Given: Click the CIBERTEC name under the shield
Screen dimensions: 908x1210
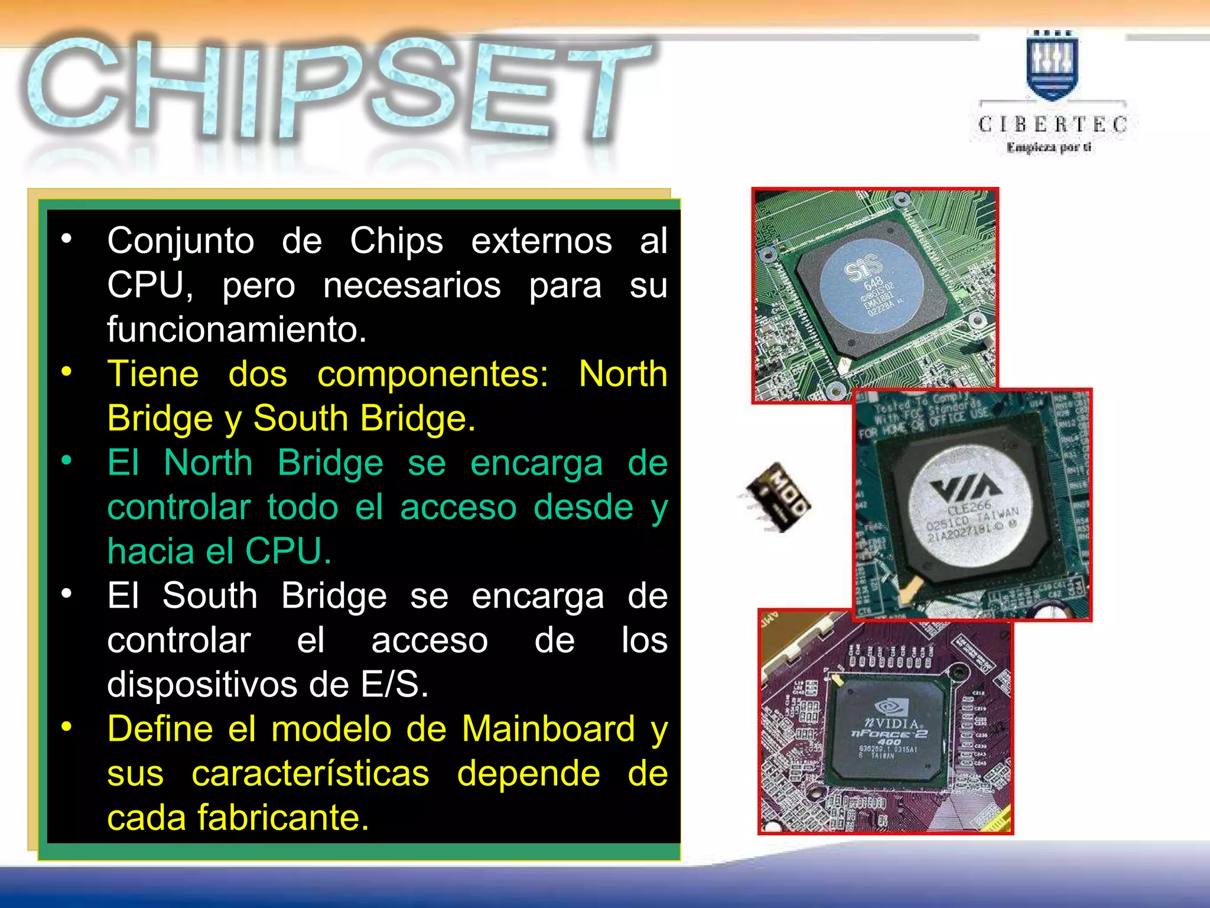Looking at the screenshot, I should coord(1052,124).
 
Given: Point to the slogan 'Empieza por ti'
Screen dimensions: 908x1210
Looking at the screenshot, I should coord(1049,147).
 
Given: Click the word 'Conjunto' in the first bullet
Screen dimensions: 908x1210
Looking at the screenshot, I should coord(181,241).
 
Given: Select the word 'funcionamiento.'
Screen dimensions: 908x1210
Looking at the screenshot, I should coord(237,329).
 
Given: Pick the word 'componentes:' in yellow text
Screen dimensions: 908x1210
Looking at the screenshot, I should coord(433,374).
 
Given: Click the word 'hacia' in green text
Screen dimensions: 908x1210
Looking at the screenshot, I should coord(151,552).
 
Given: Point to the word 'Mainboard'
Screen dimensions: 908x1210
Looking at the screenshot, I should coord(549,729).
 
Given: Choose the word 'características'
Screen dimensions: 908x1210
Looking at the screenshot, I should coord(310,773).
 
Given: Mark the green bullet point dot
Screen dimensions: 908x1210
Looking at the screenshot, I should coord(67,459).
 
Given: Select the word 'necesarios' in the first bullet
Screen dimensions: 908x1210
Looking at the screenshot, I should coord(412,286).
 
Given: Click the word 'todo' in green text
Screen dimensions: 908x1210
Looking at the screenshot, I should coord(302,507).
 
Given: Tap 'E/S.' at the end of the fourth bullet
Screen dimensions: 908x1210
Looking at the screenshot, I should coord(394,685).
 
